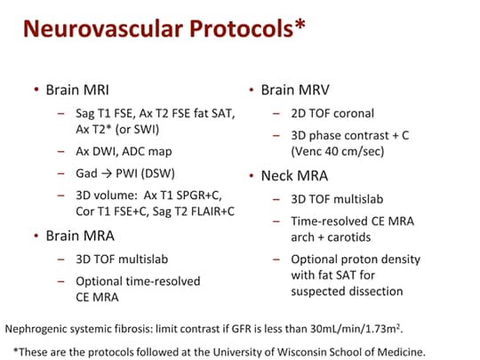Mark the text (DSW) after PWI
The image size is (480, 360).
tap(157, 173)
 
